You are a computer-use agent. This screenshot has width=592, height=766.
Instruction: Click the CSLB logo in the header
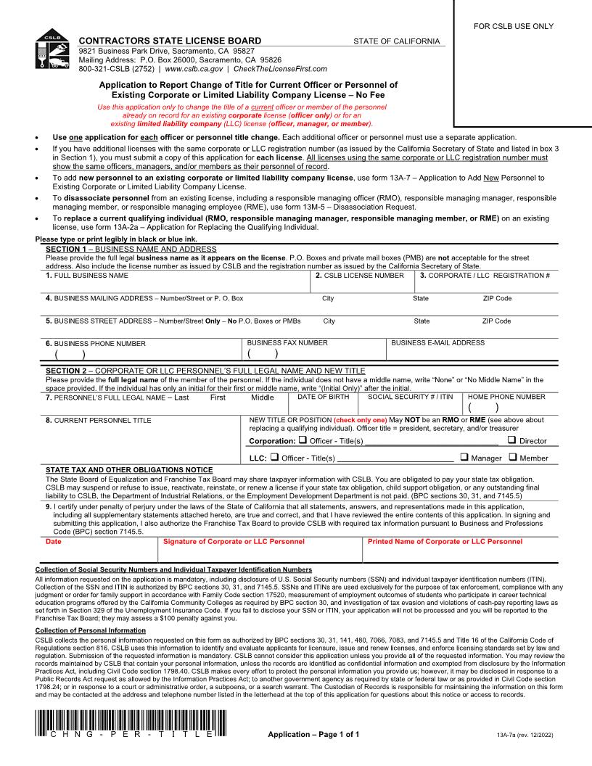coord(52,52)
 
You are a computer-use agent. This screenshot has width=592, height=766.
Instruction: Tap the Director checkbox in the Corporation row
coord(512,440)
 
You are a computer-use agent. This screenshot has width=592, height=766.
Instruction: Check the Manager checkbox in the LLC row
coord(464,457)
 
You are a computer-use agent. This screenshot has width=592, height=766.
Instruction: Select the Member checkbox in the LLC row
coord(513,457)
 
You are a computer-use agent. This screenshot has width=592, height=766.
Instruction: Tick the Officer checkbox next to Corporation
coord(303,440)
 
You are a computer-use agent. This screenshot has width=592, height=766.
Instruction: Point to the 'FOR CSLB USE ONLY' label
coord(514,27)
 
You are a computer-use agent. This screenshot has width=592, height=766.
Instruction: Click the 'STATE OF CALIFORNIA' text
coord(396,41)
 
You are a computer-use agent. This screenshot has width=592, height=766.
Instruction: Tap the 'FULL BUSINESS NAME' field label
coord(87,276)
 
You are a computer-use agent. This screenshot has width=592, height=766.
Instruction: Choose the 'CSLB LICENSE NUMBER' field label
coord(360,276)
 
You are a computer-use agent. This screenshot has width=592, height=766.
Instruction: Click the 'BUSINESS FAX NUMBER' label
coord(287,343)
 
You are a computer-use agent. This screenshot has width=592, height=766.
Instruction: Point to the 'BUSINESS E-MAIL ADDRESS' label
coord(438,343)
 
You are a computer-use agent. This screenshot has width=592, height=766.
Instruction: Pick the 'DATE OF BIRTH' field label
coord(324,397)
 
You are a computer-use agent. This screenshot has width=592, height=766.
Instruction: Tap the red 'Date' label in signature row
coord(54,541)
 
